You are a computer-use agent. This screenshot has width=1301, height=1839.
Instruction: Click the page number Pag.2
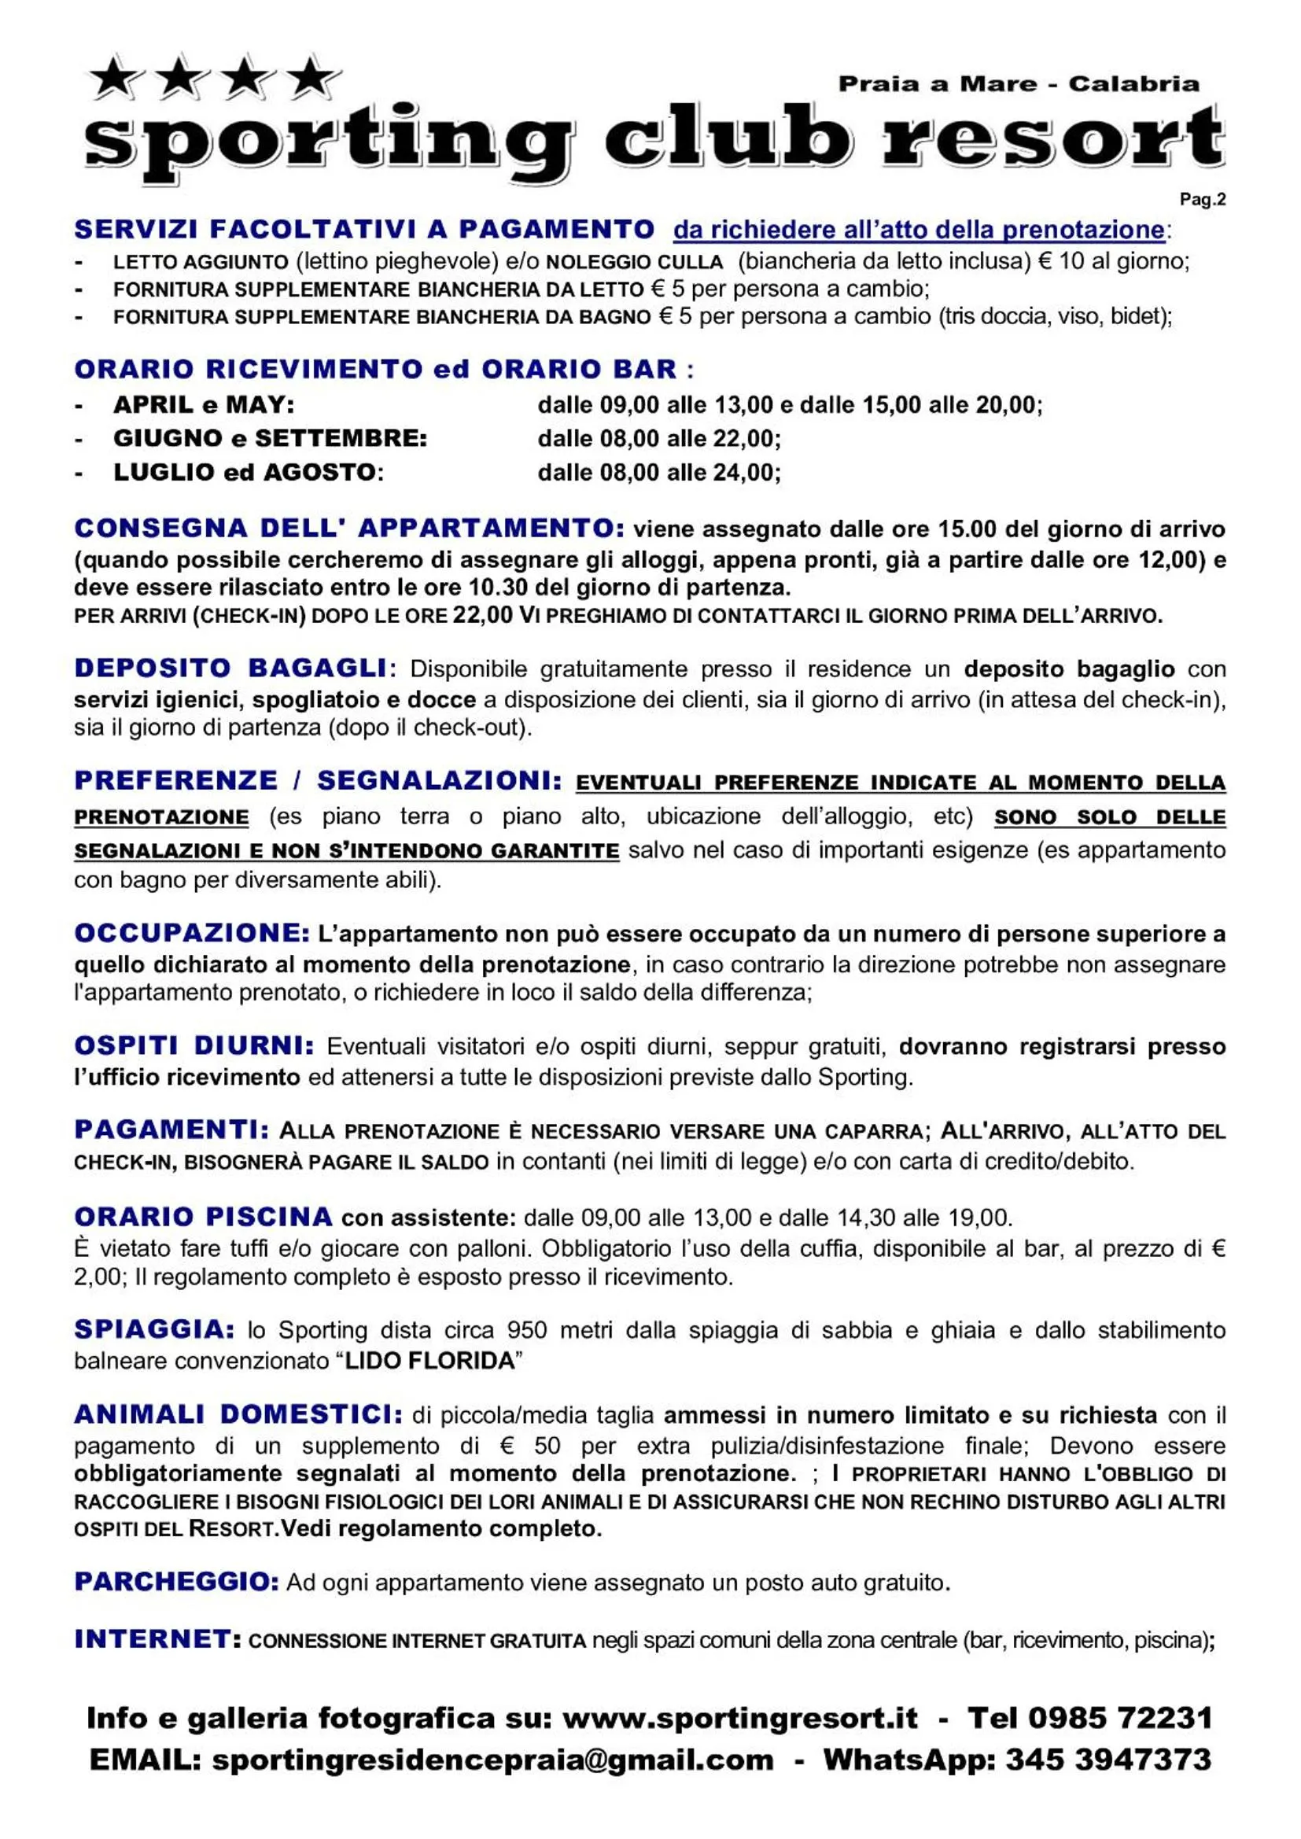[x=1202, y=200]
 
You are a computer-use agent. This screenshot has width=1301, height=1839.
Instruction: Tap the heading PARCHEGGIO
[x=176, y=1582]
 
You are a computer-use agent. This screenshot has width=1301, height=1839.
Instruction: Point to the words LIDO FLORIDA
[x=429, y=1361]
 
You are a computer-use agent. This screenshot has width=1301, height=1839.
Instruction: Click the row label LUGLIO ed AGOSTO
[x=249, y=473]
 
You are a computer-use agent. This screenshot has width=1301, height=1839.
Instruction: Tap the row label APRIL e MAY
[x=204, y=404]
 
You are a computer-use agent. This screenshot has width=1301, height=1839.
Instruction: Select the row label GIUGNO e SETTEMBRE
[x=270, y=439]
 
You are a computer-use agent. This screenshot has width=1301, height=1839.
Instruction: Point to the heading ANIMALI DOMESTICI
[x=238, y=1415]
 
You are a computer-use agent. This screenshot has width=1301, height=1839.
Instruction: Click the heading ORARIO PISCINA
[x=204, y=1218]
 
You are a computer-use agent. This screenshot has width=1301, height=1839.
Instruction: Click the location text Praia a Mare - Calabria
[x=1018, y=84]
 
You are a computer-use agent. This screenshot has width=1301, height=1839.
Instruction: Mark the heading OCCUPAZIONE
[x=191, y=934]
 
